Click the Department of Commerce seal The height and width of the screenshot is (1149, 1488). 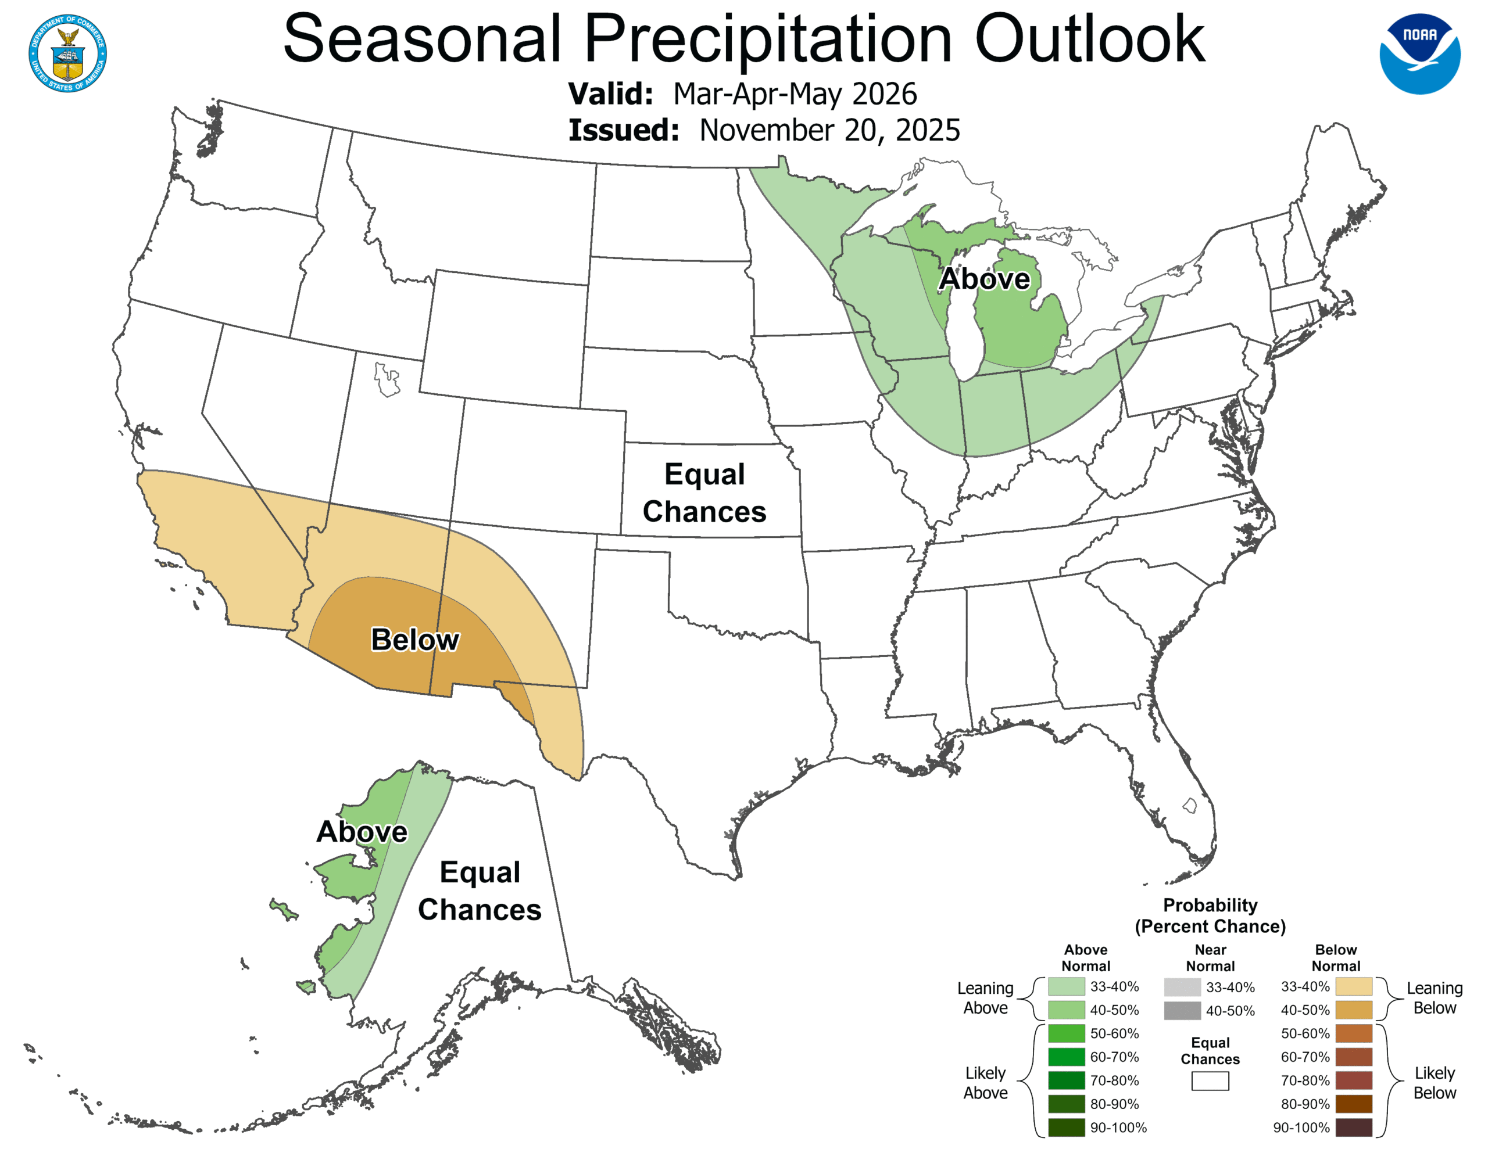click(x=67, y=53)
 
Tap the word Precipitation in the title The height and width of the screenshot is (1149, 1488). click(x=767, y=39)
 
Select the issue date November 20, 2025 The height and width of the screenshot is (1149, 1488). click(x=829, y=130)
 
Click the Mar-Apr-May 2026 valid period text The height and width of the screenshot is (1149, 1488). click(x=795, y=94)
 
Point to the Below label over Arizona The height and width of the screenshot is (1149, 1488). click(x=415, y=640)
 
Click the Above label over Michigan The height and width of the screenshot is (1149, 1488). click(x=984, y=279)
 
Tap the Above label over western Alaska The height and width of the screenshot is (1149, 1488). click(x=362, y=832)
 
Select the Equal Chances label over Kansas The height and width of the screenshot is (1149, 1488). click(x=704, y=493)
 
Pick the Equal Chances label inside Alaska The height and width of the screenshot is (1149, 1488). click(x=480, y=891)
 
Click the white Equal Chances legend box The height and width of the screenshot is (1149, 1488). click(x=1210, y=1081)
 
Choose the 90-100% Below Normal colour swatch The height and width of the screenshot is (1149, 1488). click(x=1353, y=1127)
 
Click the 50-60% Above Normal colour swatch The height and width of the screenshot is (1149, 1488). click(x=1066, y=1033)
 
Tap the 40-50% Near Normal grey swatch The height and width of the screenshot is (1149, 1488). click(x=1182, y=1011)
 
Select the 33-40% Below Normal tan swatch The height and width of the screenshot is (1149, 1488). click(x=1353, y=986)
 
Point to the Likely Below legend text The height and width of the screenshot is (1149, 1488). click(x=1434, y=1083)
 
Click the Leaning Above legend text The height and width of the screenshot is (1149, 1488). click(x=985, y=998)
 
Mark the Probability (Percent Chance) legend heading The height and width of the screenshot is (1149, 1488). click(x=1210, y=915)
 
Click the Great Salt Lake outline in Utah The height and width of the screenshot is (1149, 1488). click(x=387, y=380)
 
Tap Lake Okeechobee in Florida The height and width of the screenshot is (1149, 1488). click(x=1190, y=806)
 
